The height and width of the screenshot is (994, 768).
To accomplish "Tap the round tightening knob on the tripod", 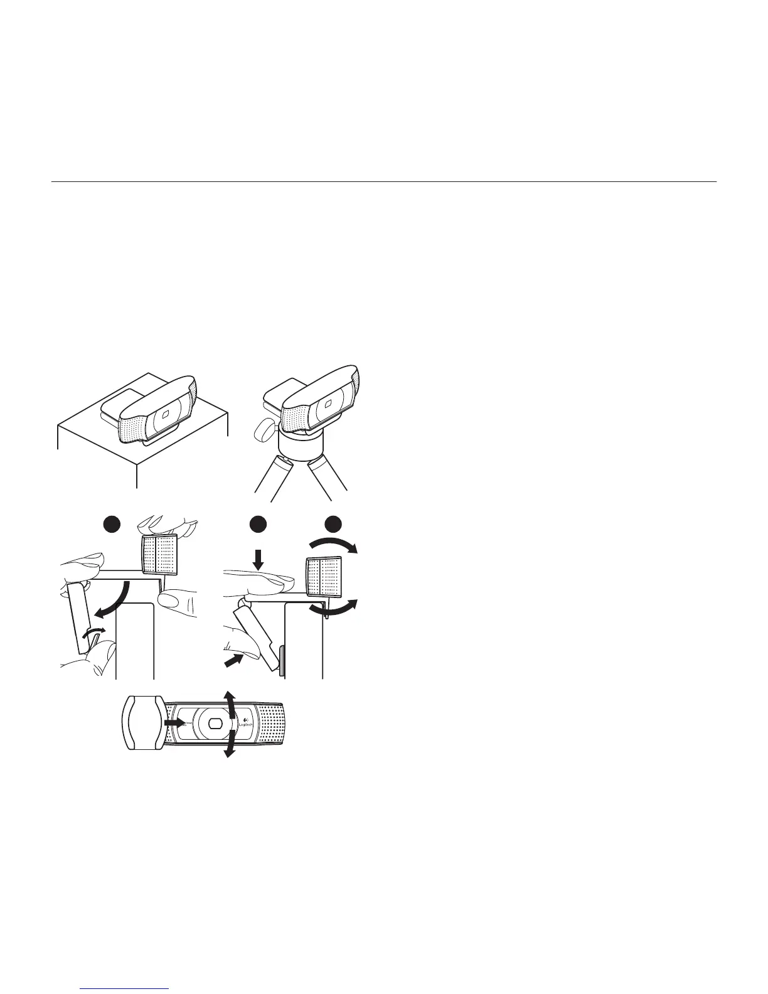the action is click(x=265, y=431).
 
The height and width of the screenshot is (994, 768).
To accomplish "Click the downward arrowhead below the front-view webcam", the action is click(x=229, y=752).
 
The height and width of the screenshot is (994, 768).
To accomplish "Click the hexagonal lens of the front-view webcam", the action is click(x=214, y=723).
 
